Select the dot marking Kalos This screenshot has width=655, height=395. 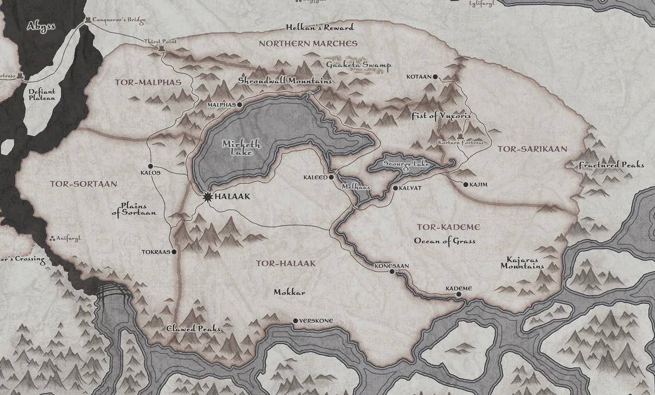[x=151, y=166]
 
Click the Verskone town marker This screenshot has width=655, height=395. [x=295, y=321]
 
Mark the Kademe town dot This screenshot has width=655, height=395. [x=458, y=294]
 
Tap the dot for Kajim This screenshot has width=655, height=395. [x=465, y=185]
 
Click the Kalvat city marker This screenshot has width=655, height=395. [x=396, y=188]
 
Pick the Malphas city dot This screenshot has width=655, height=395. [x=239, y=104]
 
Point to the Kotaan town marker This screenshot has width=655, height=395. [x=435, y=77]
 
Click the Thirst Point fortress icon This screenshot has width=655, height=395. [x=161, y=49]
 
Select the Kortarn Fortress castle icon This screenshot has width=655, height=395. [x=460, y=136]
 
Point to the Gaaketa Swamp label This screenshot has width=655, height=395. [x=359, y=65]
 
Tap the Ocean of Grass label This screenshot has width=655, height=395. [x=444, y=241]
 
